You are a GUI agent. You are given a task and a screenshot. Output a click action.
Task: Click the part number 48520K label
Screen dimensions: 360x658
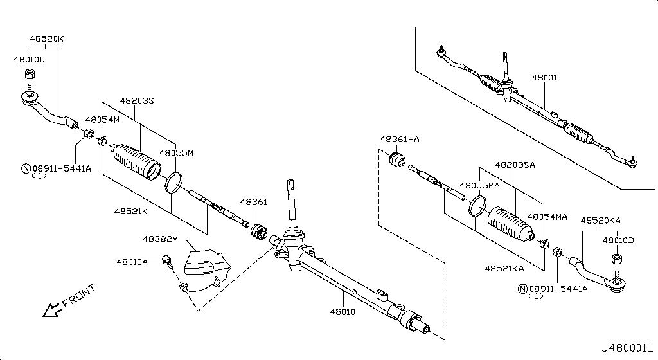tap(47, 39)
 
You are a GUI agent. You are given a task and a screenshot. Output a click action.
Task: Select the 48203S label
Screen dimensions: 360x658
tap(137, 101)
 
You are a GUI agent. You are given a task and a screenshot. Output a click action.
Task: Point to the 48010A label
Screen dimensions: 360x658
tap(132, 262)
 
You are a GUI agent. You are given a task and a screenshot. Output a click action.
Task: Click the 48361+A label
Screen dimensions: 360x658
tap(399, 139)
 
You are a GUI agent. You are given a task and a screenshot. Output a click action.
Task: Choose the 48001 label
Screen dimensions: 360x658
tap(544, 78)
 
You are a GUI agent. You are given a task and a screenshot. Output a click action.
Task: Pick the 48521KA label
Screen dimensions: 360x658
tap(504, 268)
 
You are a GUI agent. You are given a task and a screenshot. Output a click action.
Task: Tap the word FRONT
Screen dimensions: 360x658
tap(80, 296)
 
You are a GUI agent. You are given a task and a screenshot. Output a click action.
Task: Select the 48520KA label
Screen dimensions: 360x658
tap(600, 220)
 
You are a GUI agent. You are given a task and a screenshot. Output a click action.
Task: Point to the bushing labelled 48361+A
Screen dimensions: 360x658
tap(398, 157)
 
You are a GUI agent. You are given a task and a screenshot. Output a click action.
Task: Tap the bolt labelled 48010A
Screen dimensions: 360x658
tap(168, 260)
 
